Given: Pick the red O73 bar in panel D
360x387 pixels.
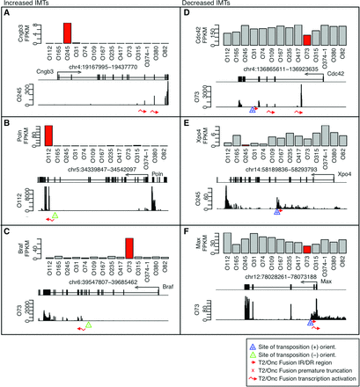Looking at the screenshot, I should tap(305, 40).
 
